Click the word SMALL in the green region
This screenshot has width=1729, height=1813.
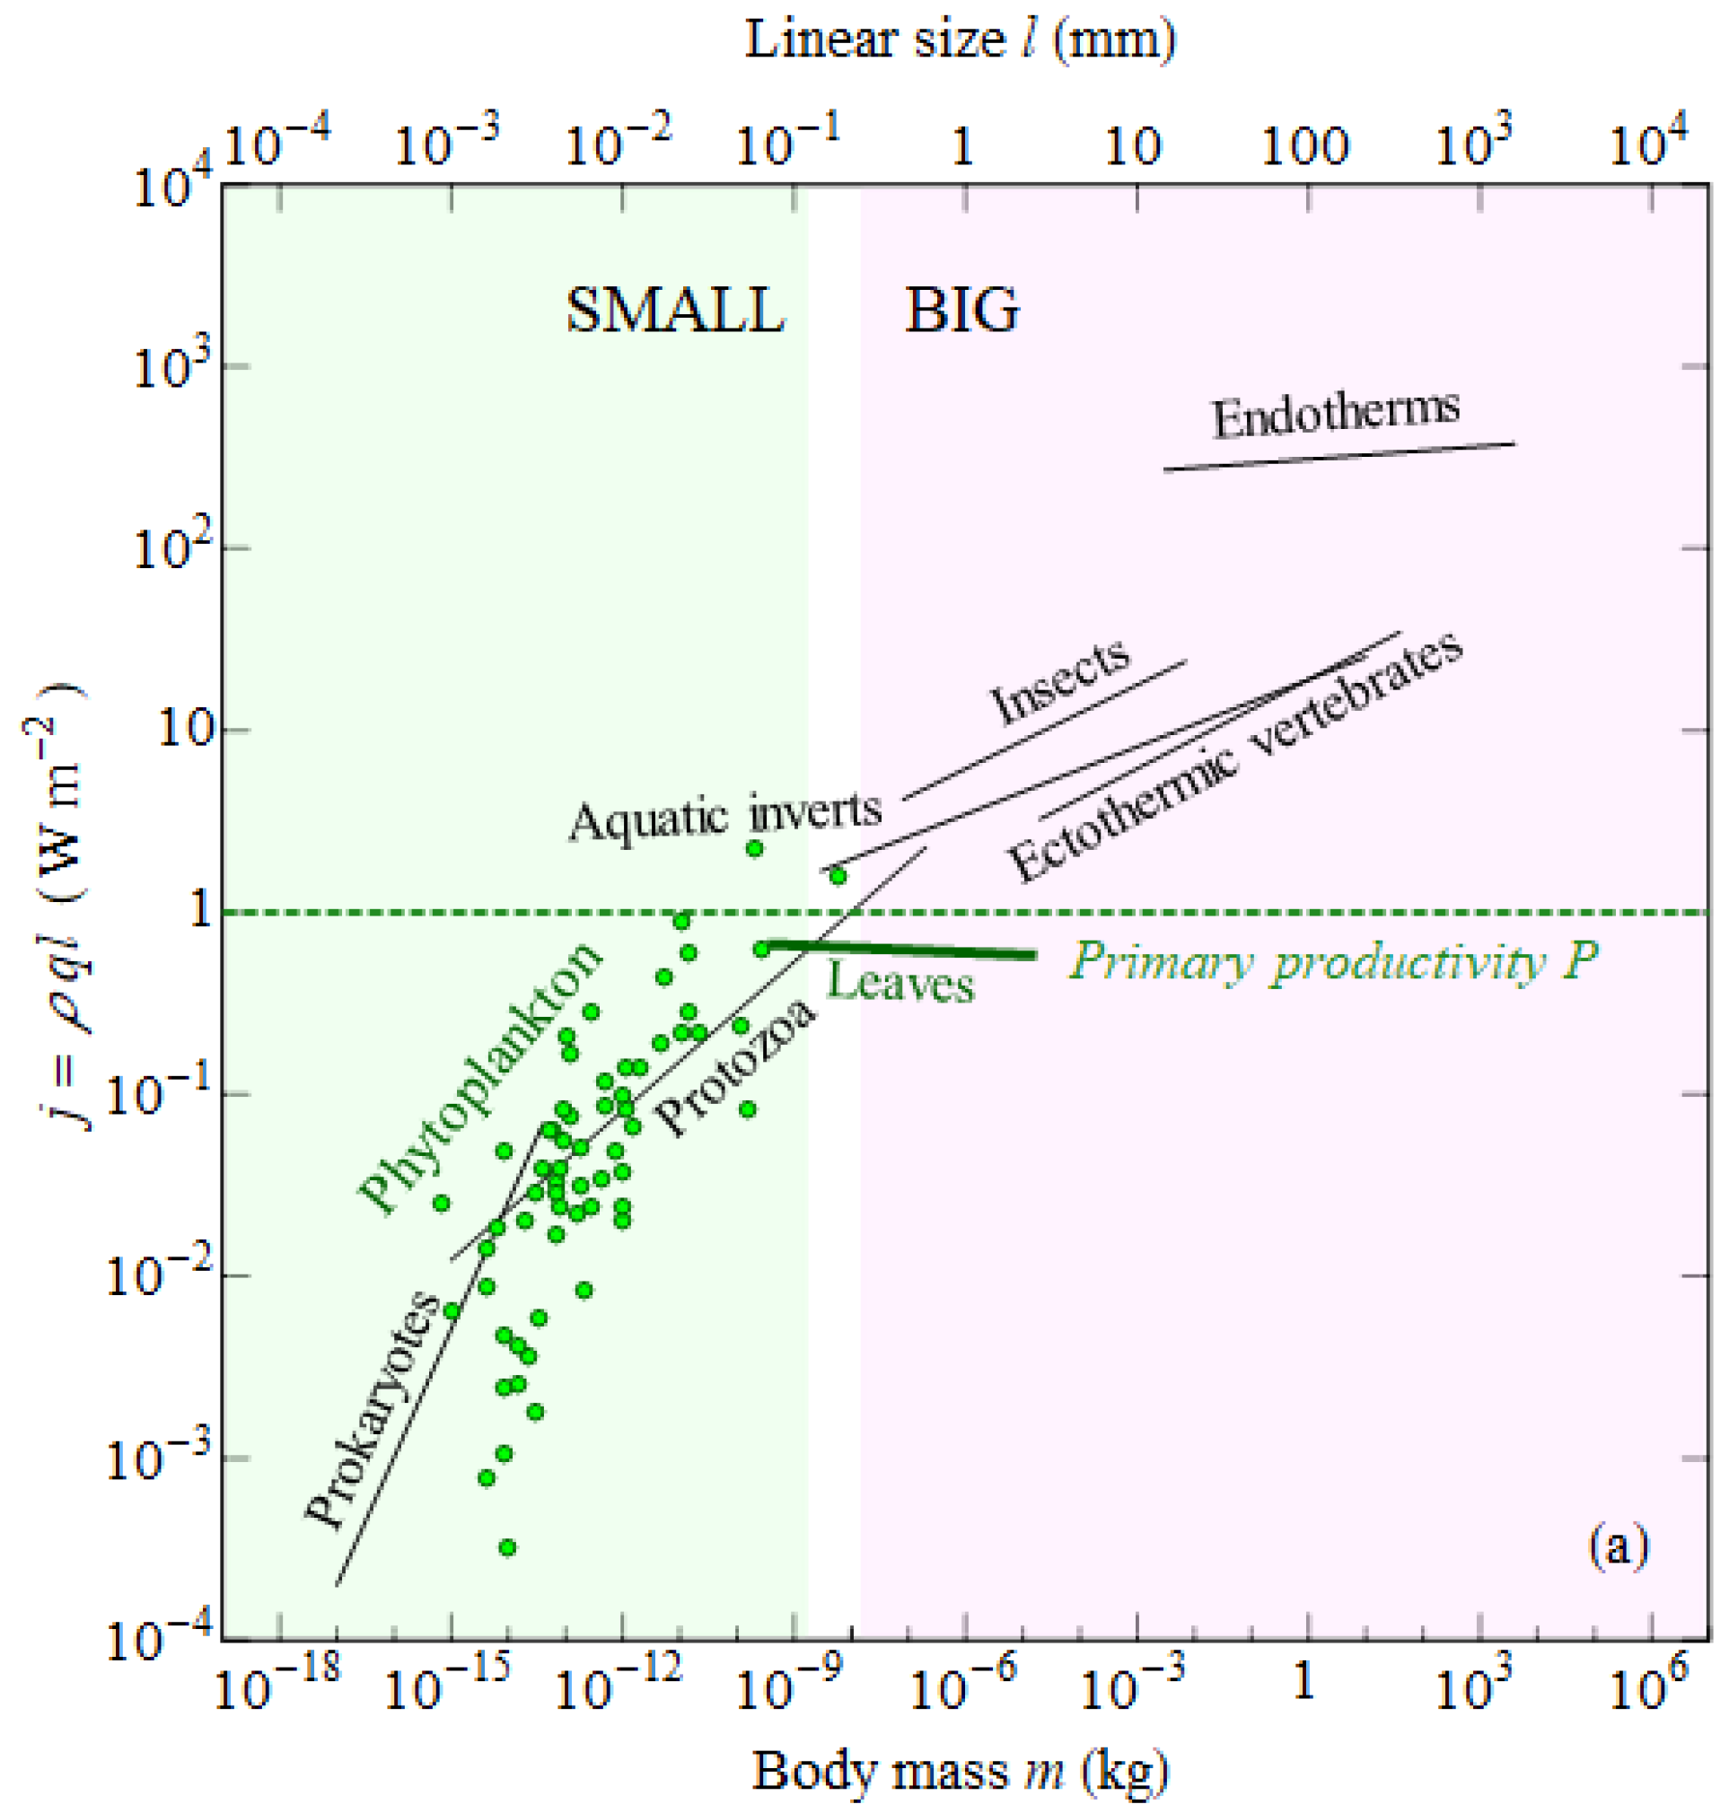coord(675,311)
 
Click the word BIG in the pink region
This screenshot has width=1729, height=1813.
coord(962,311)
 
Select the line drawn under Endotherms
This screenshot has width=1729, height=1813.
coord(1338,457)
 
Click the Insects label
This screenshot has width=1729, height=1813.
coord(1060,680)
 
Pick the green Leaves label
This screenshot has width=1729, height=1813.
coord(900,983)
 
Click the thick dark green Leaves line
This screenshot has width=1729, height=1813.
coord(903,950)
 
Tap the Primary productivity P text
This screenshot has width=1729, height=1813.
coord(1333,963)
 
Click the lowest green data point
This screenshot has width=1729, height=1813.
coord(507,1546)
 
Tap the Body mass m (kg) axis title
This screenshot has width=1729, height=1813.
coord(961,1771)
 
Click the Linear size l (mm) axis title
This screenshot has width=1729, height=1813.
coord(961,40)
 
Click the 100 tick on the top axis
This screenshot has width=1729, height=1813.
coord(1305,145)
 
